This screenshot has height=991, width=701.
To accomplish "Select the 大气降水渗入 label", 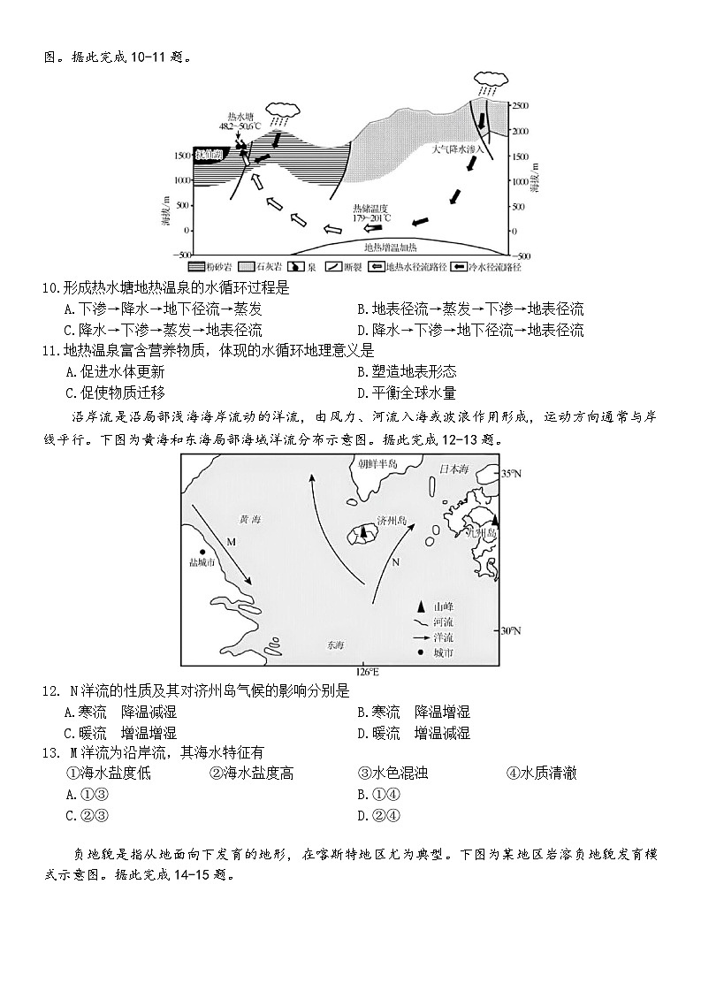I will tap(458, 149).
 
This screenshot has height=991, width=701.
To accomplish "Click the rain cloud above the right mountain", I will tap(489, 80).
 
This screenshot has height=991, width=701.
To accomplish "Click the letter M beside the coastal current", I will tap(230, 541).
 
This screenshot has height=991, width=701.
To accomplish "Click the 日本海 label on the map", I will tap(455, 466).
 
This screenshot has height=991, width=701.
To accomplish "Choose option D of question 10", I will tap(469, 330).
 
